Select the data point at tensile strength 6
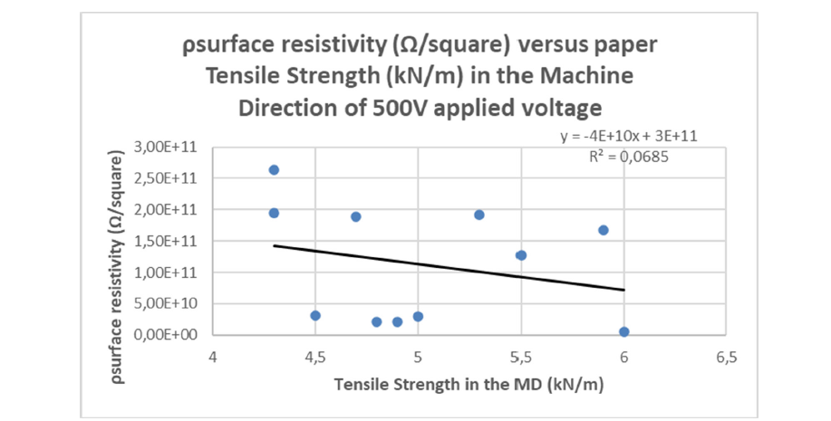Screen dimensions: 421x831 coord(624,332)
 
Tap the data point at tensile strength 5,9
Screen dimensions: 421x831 coord(604,230)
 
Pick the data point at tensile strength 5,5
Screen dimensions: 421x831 coord(521,255)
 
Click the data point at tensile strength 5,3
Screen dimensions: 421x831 coord(479,215)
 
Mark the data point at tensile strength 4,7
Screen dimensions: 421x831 coord(356,216)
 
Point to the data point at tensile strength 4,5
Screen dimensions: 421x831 coord(315,315)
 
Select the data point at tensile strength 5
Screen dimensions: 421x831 coord(418,316)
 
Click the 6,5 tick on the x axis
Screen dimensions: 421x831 coord(727,356)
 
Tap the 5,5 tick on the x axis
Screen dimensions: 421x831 coord(521,356)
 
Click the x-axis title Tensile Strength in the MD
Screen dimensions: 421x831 coord(469,384)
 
